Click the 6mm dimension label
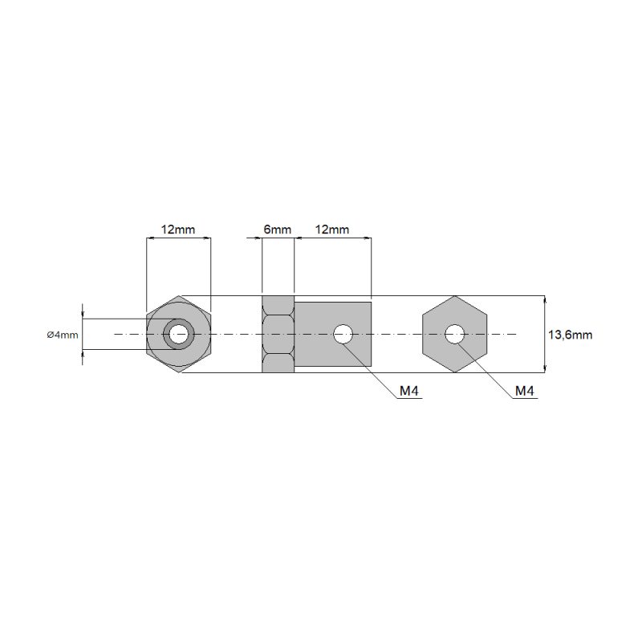(277, 230)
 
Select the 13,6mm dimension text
(570, 335)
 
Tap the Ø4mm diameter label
(63, 335)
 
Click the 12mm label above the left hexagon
(177, 230)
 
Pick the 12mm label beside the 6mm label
(331, 230)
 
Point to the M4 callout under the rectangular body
(409, 391)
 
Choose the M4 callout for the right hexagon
(525, 391)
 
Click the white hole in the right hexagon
(454, 334)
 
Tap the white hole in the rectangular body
(343, 334)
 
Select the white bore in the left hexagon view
(178, 334)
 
